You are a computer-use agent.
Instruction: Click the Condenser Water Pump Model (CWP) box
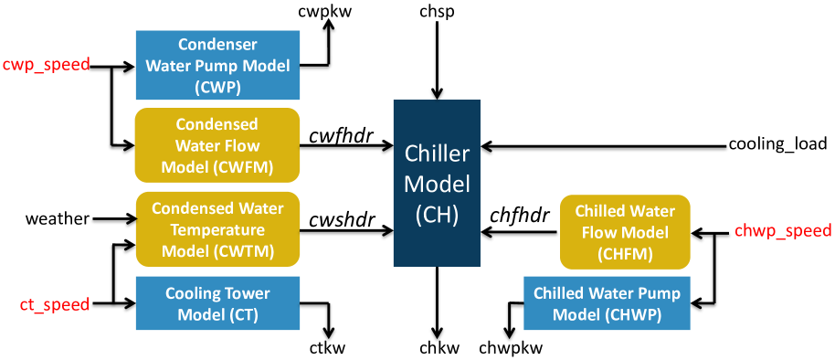coord(217,65)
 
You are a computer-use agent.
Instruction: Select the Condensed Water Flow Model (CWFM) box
coord(217,145)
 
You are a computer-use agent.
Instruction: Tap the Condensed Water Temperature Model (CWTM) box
coord(217,229)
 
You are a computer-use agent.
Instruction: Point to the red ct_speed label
coord(55,304)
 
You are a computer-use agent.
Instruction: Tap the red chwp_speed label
coord(783,231)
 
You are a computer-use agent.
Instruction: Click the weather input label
coord(57,219)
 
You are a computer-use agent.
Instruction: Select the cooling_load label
coord(777,144)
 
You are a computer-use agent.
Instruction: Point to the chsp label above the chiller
coord(439,12)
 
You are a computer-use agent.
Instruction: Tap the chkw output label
coord(439,348)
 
